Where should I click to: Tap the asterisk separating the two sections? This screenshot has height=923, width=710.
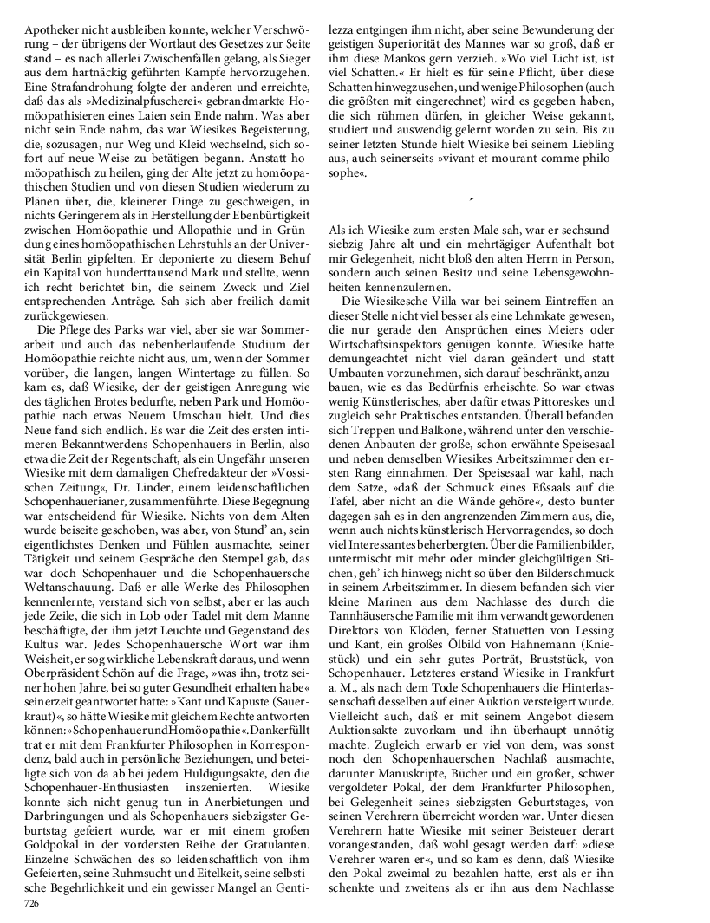click(x=471, y=201)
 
